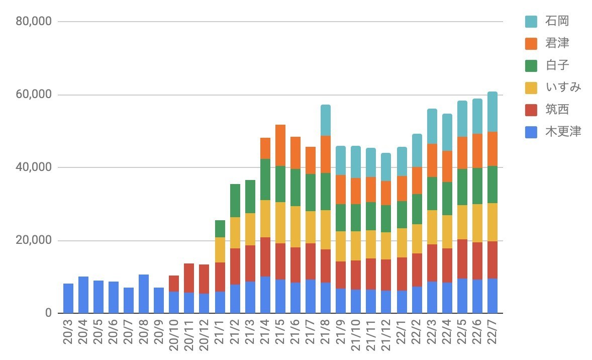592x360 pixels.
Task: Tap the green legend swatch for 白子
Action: point(531,65)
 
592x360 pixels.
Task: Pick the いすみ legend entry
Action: point(563,87)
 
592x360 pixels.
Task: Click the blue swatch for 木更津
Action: point(531,132)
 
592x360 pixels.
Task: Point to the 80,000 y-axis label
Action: point(34,22)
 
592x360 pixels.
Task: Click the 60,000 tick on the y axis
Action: point(34,95)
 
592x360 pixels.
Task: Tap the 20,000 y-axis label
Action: point(34,240)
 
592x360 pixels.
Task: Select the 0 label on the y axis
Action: point(48,313)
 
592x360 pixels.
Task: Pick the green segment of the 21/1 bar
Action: point(220,229)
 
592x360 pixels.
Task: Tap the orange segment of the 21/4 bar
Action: point(265,148)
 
